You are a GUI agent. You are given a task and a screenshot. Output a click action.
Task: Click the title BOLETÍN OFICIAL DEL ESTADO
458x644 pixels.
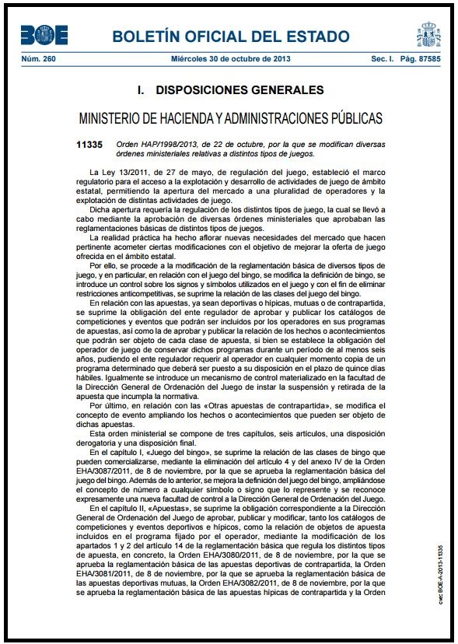pyautogui.click(x=230, y=37)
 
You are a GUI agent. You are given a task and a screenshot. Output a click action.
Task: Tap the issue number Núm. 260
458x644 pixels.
pyautogui.click(x=34, y=58)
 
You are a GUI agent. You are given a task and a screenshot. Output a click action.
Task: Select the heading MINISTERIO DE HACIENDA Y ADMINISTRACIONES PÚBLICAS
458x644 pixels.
pyautogui.click(x=230, y=119)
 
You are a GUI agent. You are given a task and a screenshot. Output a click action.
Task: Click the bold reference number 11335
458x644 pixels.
pyautogui.click(x=89, y=145)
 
